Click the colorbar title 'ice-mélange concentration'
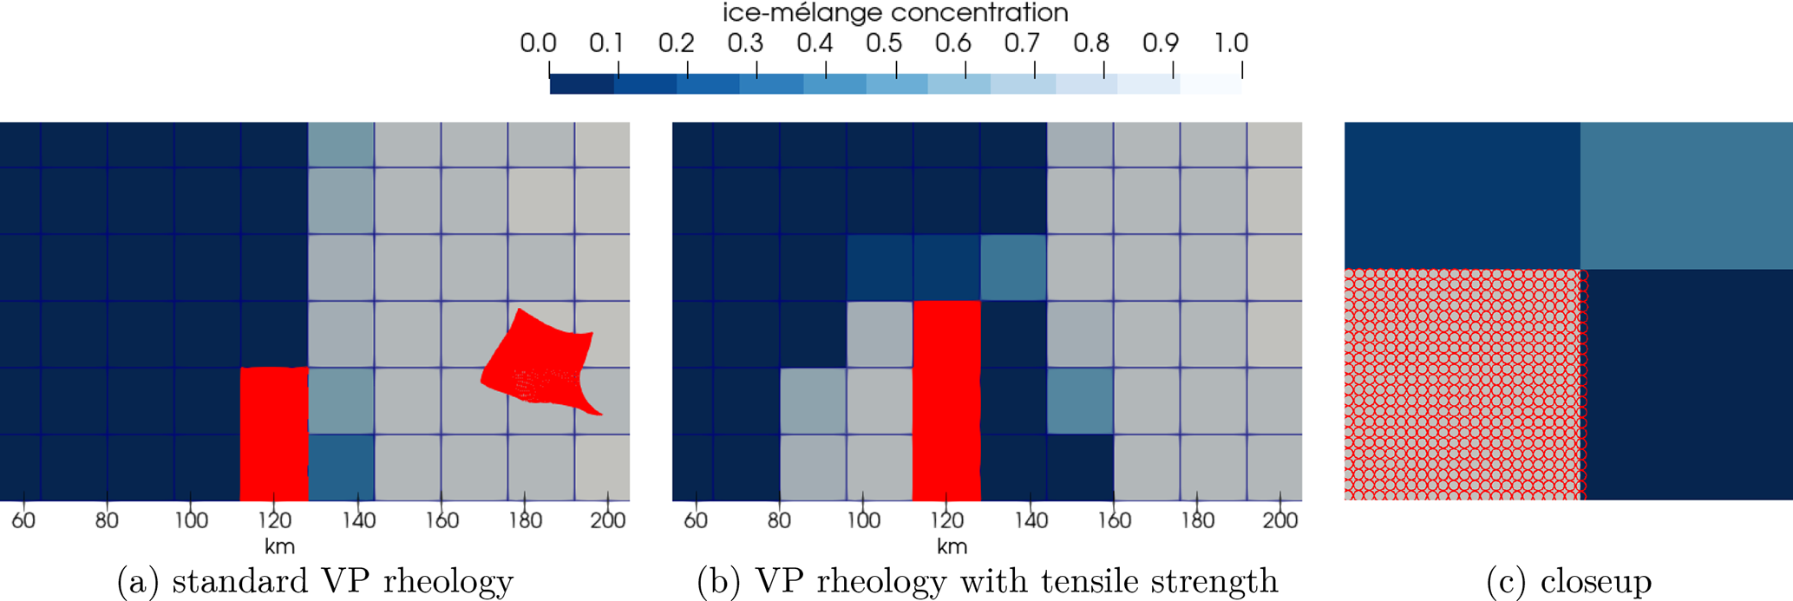click(895, 13)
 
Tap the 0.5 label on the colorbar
click(883, 42)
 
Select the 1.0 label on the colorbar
click(1230, 42)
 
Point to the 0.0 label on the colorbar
click(538, 42)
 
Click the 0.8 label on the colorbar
click(1091, 42)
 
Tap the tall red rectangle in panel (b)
click(946, 399)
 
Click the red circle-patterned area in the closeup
click(1464, 384)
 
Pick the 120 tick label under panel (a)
click(274, 520)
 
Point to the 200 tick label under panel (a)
click(608, 520)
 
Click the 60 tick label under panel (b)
click(696, 520)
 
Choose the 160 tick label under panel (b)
click(1114, 520)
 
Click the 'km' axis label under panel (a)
click(279, 546)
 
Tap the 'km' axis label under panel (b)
click(952, 546)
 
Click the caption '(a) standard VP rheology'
click(315, 581)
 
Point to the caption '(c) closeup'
click(1568, 581)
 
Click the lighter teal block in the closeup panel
click(1686, 195)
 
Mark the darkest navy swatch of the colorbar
click(581, 84)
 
